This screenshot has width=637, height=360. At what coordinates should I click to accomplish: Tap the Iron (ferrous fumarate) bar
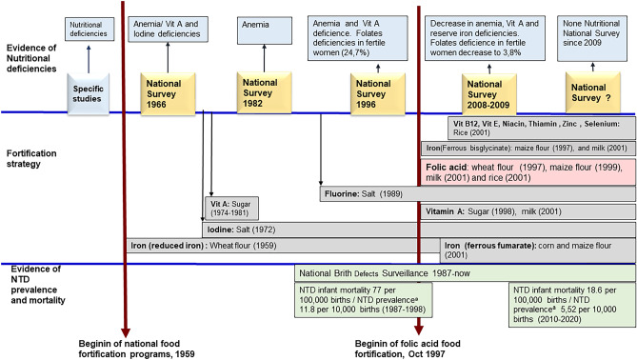pyautogui.click(x=537, y=249)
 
